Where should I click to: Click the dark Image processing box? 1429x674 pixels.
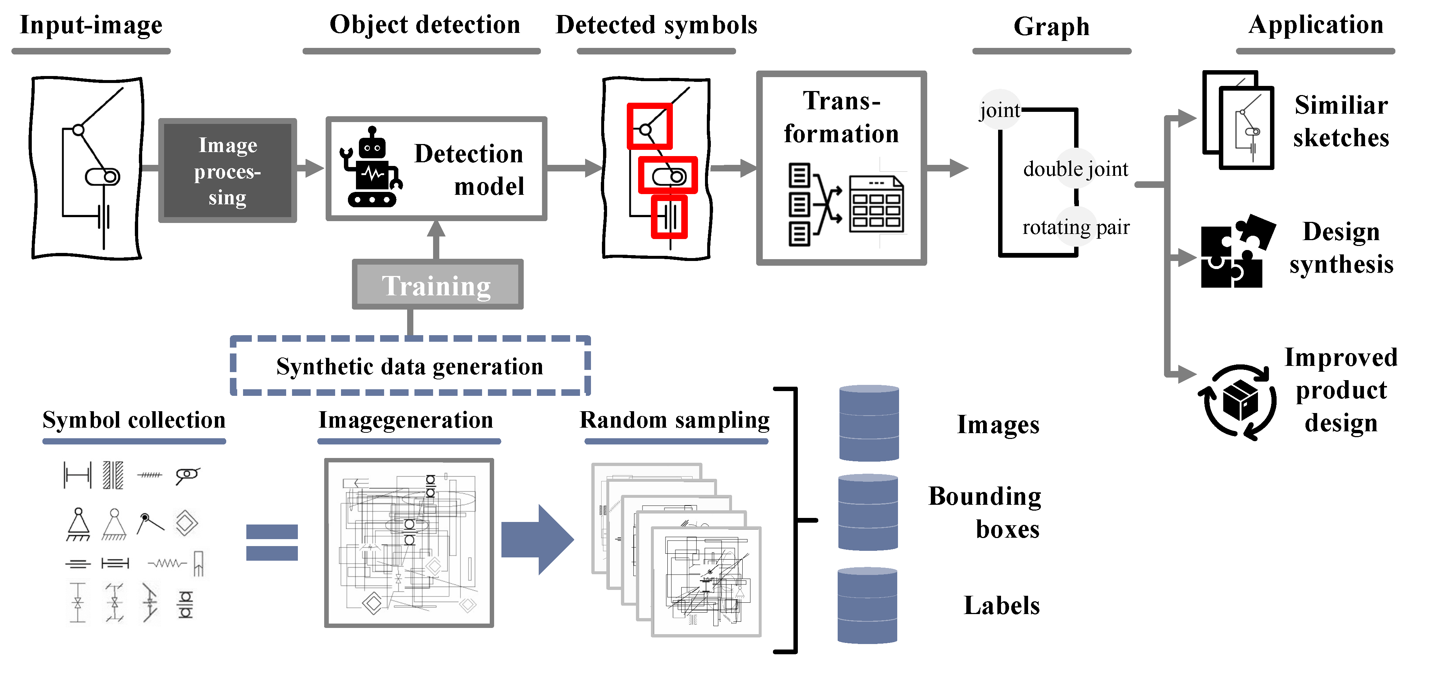[x=227, y=170]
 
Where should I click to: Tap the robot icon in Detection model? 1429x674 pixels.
[x=371, y=169]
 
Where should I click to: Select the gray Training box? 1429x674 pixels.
[x=437, y=285]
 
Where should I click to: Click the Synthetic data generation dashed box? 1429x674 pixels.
[x=410, y=366]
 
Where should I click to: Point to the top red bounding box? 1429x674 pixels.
[x=649, y=126]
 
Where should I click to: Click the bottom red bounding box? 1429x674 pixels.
[x=669, y=217]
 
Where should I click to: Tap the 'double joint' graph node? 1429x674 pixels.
[x=1075, y=168]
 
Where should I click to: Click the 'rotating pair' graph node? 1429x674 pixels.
[x=1076, y=227]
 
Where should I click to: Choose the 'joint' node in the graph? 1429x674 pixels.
[x=999, y=110]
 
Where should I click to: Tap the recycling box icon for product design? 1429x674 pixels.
[x=1239, y=402]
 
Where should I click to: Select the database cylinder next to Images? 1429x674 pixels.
[x=869, y=423]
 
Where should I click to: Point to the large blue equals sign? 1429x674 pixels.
[x=272, y=542]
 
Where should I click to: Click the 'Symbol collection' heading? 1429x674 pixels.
[x=134, y=420]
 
